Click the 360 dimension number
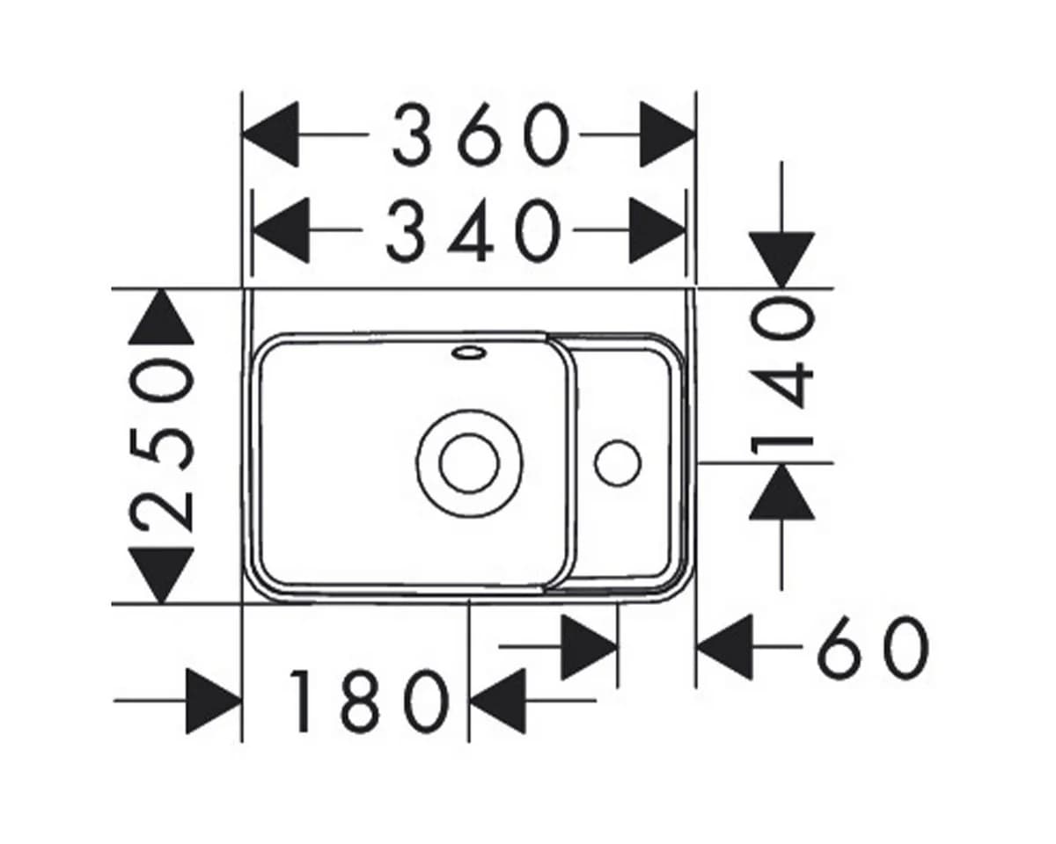point(481,135)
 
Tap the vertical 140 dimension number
point(782,378)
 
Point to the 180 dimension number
point(369,702)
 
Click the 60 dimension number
point(873,648)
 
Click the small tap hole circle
point(618,463)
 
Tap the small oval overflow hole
point(469,353)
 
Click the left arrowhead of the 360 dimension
point(270,134)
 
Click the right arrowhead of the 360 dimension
point(667,135)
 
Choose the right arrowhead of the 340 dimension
point(657,230)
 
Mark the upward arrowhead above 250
point(161,316)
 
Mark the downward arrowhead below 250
point(161,576)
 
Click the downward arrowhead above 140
point(781,260)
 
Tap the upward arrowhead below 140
point(781,491)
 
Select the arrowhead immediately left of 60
point(725,647)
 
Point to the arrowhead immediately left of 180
point(215,702)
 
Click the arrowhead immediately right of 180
point(498,702)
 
